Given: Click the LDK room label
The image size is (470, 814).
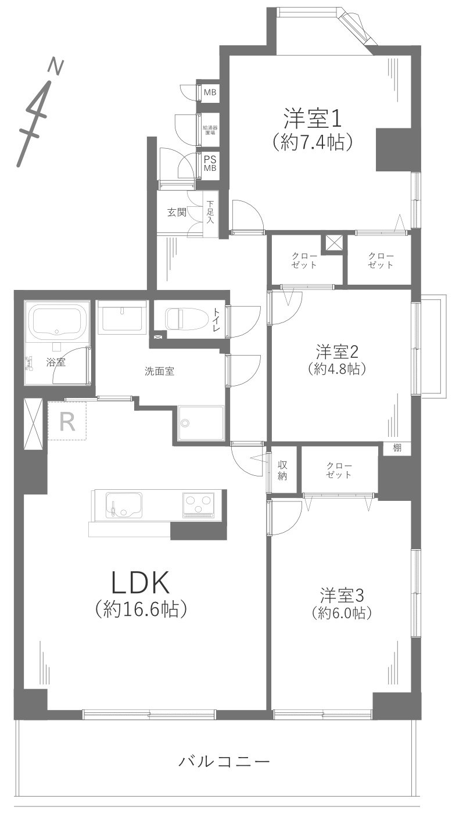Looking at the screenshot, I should [140, 581].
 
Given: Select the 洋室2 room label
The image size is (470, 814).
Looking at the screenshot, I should [336, 352].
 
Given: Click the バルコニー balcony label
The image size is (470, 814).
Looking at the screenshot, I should [224, 761].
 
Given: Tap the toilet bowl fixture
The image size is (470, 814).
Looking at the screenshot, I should [183, 319].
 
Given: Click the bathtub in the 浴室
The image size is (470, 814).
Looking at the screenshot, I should [56, 322].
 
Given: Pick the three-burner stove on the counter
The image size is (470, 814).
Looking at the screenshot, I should [199, 503].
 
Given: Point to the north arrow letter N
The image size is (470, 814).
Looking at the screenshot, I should [56, 66].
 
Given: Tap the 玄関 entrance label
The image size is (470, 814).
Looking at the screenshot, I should [177, 213].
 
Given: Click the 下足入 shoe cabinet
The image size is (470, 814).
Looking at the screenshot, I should [210, 213].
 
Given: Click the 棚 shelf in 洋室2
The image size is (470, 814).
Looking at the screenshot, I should [397, 448].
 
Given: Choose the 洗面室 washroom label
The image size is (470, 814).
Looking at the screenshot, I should [160, 371].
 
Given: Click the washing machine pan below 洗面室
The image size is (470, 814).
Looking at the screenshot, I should [201, 423].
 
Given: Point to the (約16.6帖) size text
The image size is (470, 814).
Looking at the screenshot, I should [140, 609].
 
